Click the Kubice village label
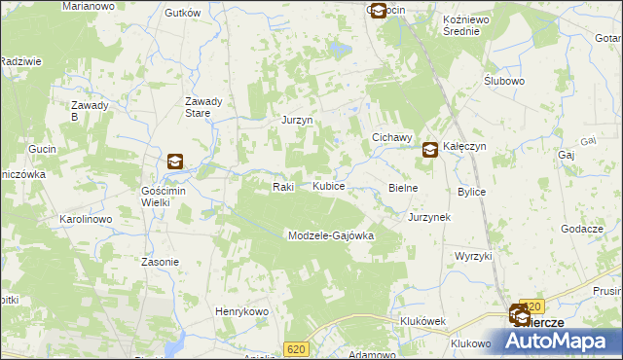coord(328,186)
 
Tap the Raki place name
coord(283,186)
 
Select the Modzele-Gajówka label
coord(330,235)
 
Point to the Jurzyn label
coord(295,121)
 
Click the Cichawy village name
coord(393,138)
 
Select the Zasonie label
coord(160,262)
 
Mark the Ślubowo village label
coord(504,81)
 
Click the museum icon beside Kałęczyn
coord(429,150)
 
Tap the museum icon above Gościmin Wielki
coord(175,162)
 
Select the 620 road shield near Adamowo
coord(297,348)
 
